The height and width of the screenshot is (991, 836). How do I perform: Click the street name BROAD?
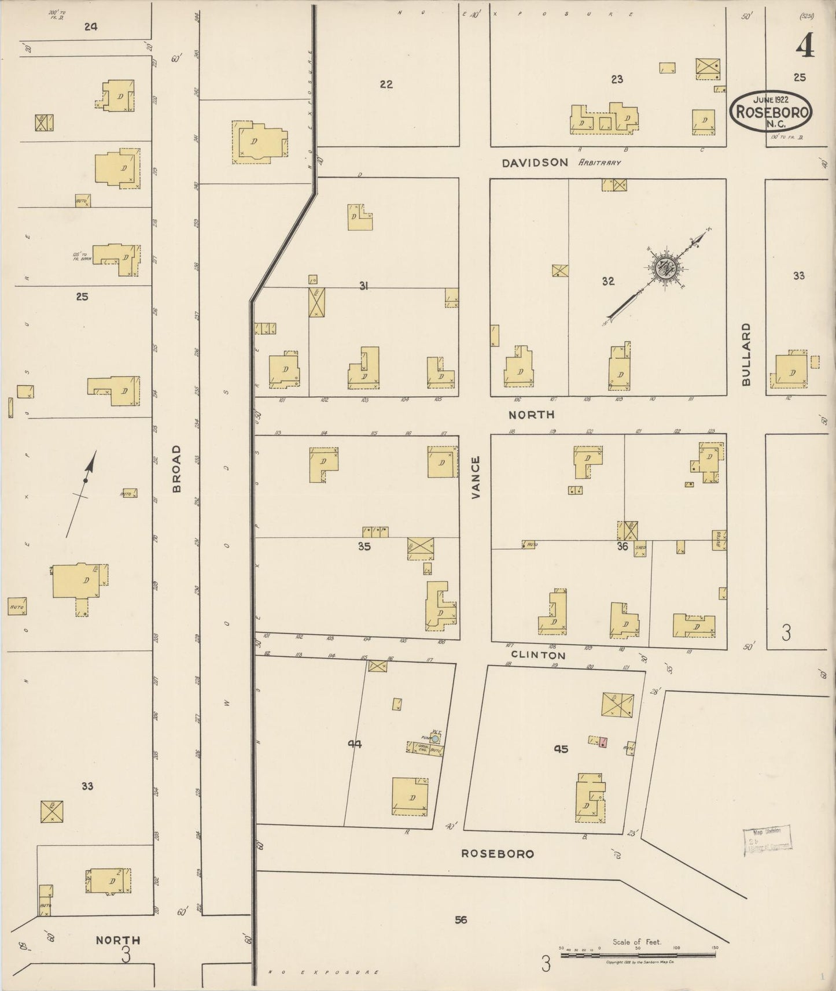pos(176,468)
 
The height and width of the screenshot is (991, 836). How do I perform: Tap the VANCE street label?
pos(476,478)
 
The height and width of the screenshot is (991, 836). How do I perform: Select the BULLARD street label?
pos(746,354)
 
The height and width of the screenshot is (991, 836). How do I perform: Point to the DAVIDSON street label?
pos(535,163)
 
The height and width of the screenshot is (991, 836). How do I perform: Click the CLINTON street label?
pos(538,655)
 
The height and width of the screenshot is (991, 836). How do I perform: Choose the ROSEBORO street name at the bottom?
pos(497,853)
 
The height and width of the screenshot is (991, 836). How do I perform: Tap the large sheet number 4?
pos(805,47)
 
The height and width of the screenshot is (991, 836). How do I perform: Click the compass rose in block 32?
pos(665,268)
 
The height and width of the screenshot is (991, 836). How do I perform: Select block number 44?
pos(355,744)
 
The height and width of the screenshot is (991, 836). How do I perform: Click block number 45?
pos(561,749)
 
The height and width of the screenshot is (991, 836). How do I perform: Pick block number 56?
pos(461,919)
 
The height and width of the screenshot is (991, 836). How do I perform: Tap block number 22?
pos(386,84)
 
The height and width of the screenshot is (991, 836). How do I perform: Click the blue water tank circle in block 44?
pos(435,738)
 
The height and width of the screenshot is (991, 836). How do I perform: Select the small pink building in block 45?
pos(603,742)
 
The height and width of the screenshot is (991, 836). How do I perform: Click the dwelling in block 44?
pos(410,797)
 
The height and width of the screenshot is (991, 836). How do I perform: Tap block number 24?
pos(91,26)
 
